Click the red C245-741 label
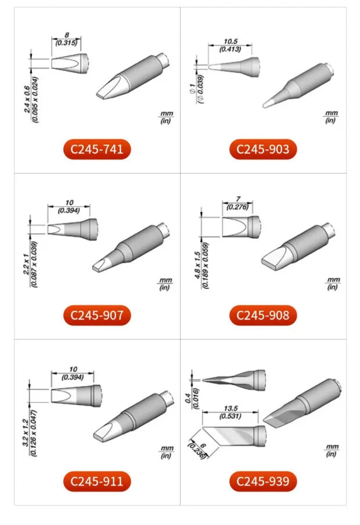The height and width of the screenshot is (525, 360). point(97,149)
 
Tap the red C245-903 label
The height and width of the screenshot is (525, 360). point(263,149)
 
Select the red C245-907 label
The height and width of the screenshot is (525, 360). point(97,315)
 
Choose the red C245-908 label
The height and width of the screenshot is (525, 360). point(263,315)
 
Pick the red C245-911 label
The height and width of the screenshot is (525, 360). point(97,481)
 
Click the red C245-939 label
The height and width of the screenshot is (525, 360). point(263,481)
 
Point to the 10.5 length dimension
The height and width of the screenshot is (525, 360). point(231,41)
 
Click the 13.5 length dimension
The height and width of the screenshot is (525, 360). point(231,408)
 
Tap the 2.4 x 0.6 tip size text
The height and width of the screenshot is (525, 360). point(27,99)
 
